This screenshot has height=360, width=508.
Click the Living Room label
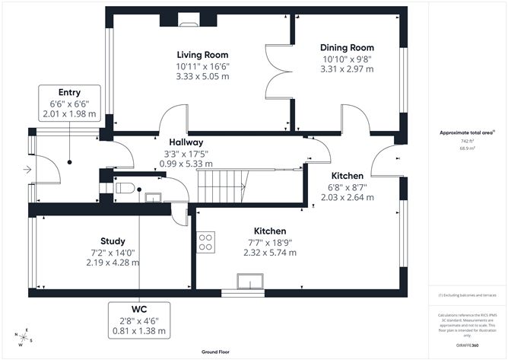202,55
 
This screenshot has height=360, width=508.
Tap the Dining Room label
347,47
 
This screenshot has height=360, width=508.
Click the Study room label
113,241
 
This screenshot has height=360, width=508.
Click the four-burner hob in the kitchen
205,243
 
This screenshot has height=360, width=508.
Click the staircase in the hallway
224,180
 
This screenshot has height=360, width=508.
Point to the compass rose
24,337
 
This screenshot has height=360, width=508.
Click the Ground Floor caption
217,352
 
